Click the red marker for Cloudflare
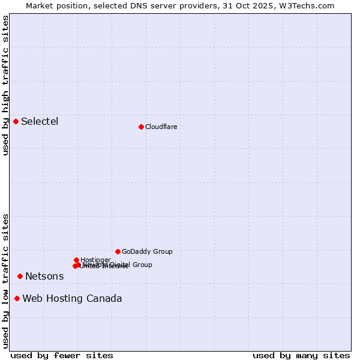point(141,127)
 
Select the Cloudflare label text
point(161,127)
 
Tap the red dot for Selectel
point(16,121)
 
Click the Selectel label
point(40,122)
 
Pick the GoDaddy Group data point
point(118,251)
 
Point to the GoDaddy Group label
point(147,252)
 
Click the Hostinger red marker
point(76,260)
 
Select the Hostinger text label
point(95,260)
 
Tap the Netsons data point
point(20,276)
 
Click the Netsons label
point(44,277)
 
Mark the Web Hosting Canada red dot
point(17,298)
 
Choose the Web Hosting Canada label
point(72,299)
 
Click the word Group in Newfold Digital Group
point(142,265)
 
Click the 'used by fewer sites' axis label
point(62,355)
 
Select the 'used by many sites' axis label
point(301,355)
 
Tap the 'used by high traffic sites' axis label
point(5,85)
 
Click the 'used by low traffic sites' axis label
point(5,280)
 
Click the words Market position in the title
point(53,5)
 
